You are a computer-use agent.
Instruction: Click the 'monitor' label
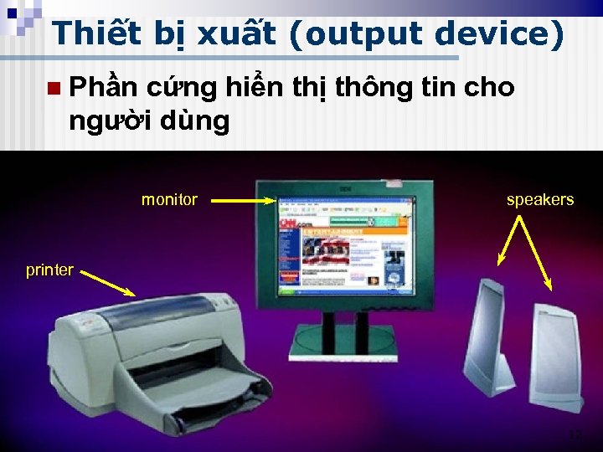click(x=169, y=200)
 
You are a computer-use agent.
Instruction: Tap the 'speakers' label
click(x=540, y=200)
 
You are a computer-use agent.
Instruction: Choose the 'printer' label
click(x=49, y=270)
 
